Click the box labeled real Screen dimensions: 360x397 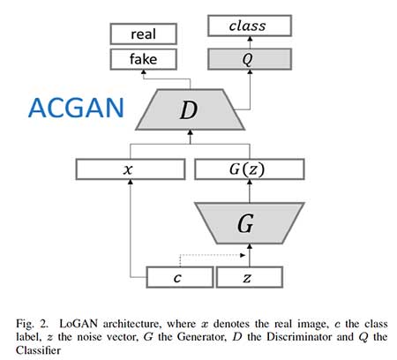(x=143, y=34)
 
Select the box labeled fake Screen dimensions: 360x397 (x=143, y=60)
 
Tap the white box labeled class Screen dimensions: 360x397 (x=247, y=27)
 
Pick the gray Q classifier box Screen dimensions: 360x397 (x=247, y=60)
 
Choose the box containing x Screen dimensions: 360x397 (x=130, y=169)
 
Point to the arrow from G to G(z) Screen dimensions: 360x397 (x=250, y=189)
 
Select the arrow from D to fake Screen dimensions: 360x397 (x=143, y=79)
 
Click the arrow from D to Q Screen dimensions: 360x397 (x=247, y=79)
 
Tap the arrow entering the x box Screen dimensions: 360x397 (x=130, y=221)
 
